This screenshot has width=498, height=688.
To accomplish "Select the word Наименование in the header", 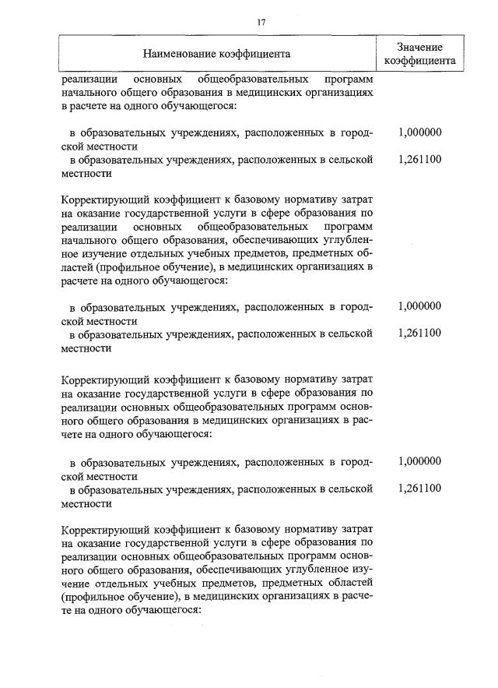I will click(x=178, y=54).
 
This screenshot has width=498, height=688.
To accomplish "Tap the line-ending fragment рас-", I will click(x=363, y=421).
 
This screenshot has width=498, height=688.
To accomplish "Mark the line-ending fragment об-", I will click(x=366, y=252).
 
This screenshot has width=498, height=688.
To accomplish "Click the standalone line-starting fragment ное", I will click(x=70, y=252).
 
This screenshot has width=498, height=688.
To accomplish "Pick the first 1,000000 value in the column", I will click(x=419, y=132).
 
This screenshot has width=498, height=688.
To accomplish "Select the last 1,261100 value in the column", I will click(x=419, y=489).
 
